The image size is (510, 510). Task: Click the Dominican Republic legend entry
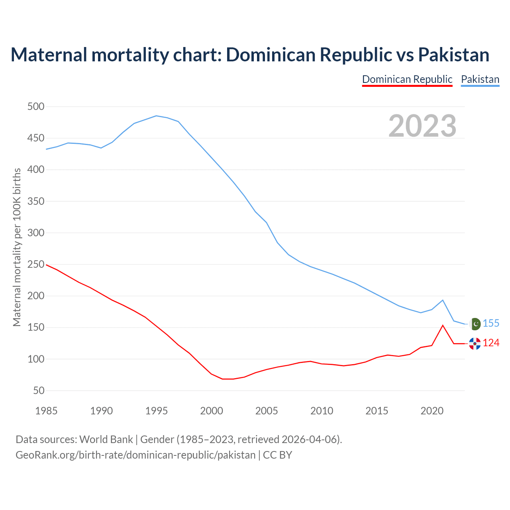tap(407, 79)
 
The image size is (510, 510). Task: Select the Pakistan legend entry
tap(480, 79)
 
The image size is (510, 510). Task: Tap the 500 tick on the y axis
tap(36, 107)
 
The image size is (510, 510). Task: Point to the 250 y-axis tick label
tap(36, 265)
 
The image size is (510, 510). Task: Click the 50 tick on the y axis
tap(39, 391)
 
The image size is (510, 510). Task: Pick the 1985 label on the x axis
tap(46, 411)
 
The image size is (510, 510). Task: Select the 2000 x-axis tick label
tap(212, 411)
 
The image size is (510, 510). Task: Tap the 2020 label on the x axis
tap(432, 411)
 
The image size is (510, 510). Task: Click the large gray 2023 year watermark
tap(422, 126)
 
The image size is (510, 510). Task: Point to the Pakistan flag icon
tap(475, 324)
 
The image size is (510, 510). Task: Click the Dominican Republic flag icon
tap(475, 343)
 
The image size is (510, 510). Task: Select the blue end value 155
tap(491, 324)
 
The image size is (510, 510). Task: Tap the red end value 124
tap(491, 343)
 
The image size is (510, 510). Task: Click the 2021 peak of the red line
tap(443, 326)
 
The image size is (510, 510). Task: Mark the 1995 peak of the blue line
tap(156, 116)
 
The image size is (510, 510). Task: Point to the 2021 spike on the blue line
tap(443, 300)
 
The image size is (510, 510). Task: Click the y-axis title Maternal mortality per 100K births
tap(17, 247)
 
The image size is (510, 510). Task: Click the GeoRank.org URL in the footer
tap(135, 455)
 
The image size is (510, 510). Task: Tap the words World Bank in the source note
tap(106, 439)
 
